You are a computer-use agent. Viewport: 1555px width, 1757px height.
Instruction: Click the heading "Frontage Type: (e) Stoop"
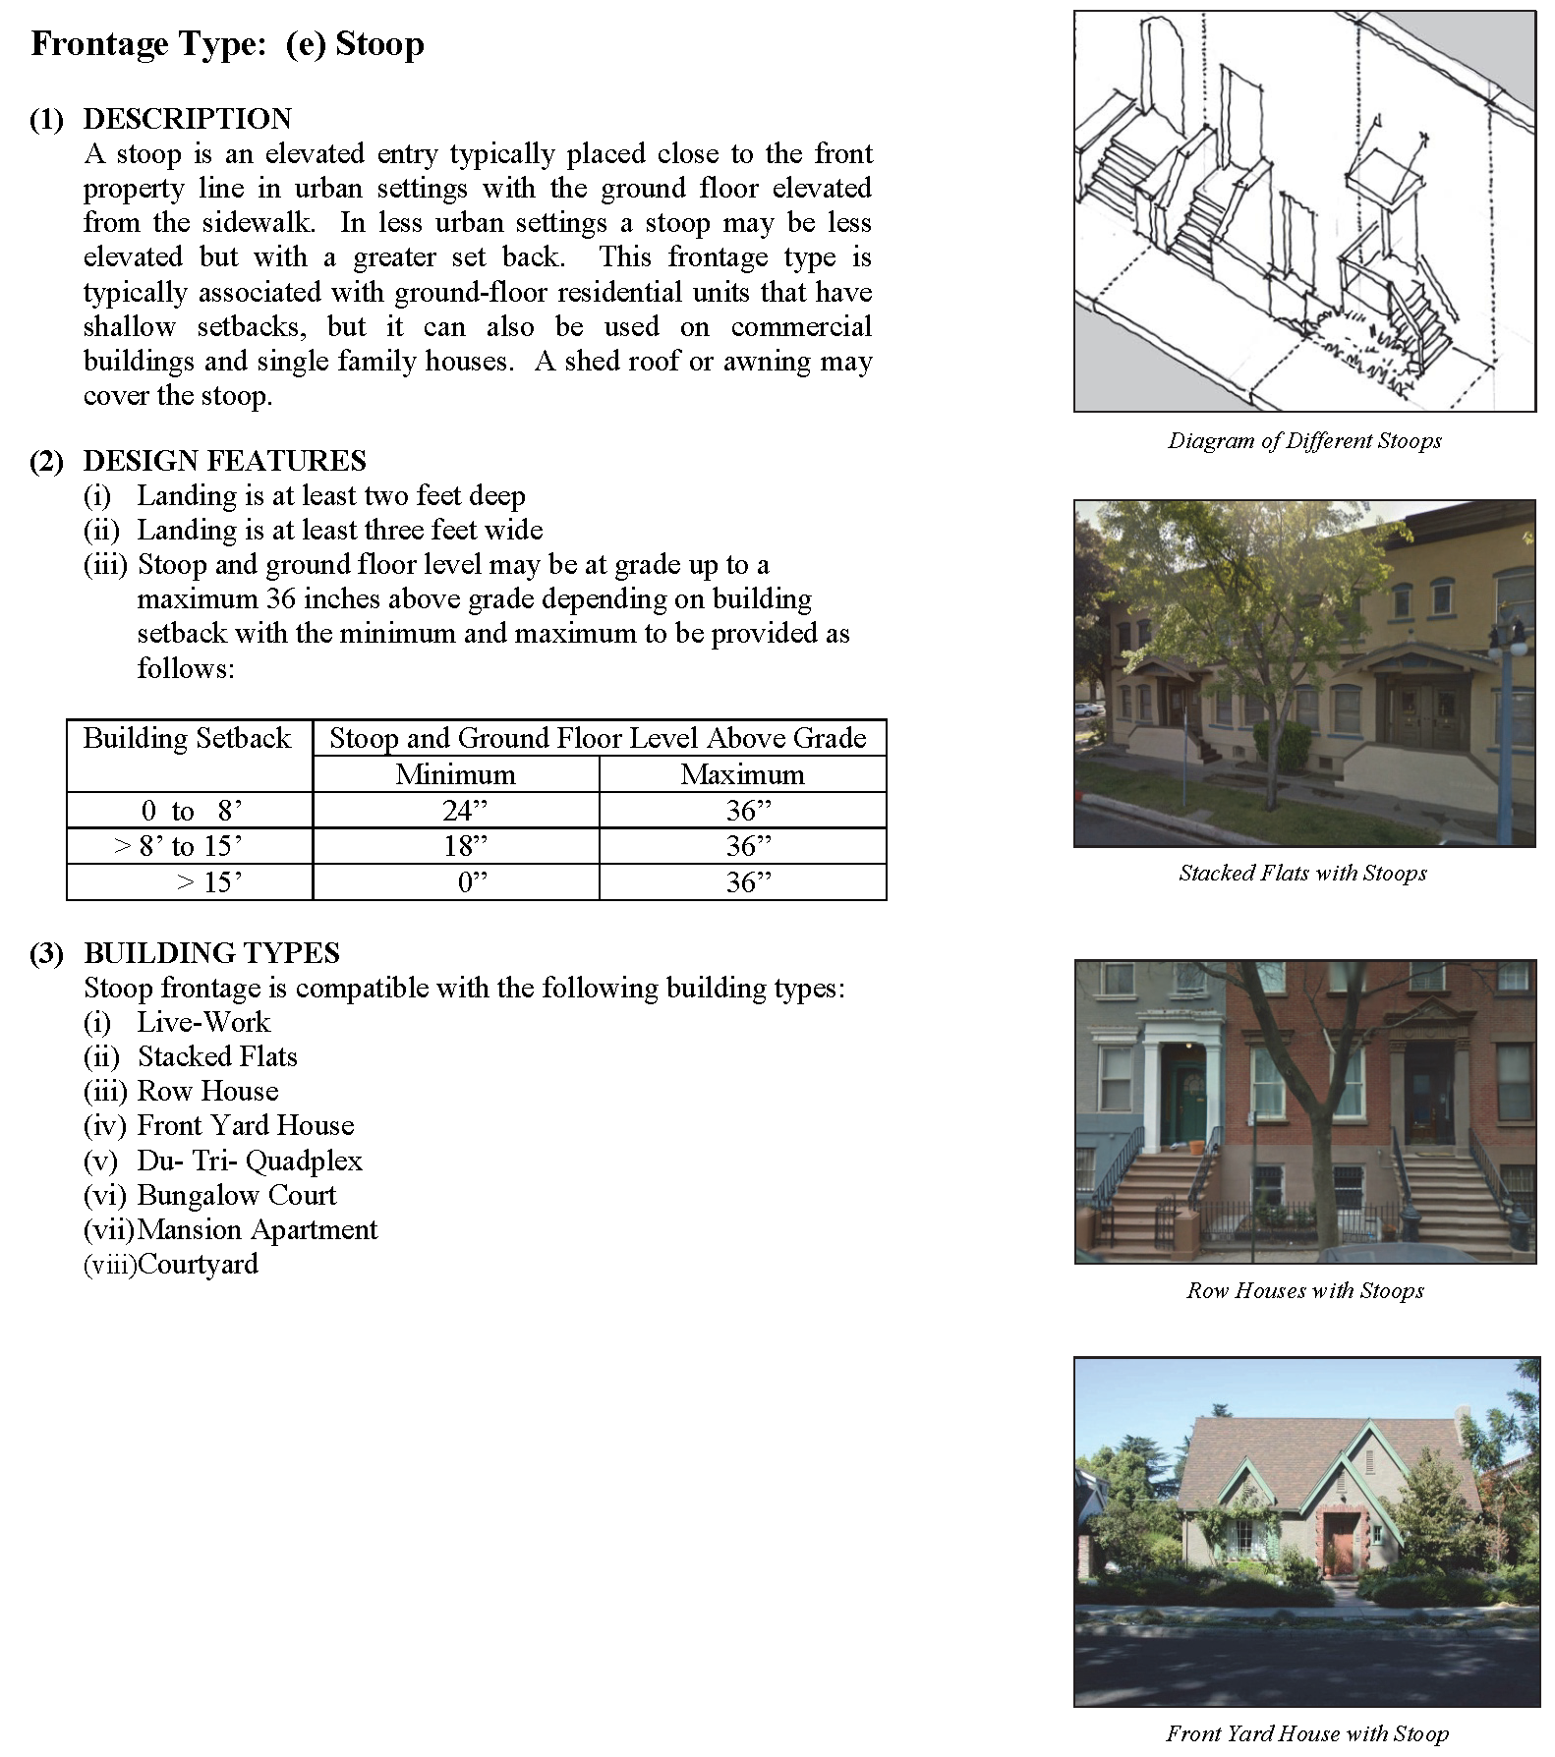coord(227,45)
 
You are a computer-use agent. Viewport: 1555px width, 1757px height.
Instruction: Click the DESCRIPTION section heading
coord(187,119)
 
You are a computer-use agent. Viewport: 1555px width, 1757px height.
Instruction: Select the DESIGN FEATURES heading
coord(224,461)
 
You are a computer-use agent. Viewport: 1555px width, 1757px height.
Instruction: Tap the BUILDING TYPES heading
coord(211,953)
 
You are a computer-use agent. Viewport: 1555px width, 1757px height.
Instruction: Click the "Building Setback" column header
coord(187,739)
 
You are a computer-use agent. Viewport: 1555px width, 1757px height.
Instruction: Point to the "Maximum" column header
coord(742,774)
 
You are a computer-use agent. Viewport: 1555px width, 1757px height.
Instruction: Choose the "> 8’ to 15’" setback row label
coord(178,846)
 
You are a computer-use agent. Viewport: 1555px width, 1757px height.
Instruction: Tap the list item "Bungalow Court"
coord(236,1195)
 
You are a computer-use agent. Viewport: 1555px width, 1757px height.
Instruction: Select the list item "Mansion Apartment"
coord(258,1229)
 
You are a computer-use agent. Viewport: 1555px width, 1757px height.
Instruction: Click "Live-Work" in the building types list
coord(203,1022)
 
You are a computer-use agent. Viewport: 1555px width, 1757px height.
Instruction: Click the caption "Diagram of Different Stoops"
coord(1304,440)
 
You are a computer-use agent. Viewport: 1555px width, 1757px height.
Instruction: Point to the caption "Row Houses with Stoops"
coord(1304,1290)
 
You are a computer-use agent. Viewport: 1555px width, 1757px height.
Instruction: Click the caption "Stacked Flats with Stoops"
coord(1302,873)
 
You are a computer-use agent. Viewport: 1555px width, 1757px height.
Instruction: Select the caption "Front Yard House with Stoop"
coord(1306,1733)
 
